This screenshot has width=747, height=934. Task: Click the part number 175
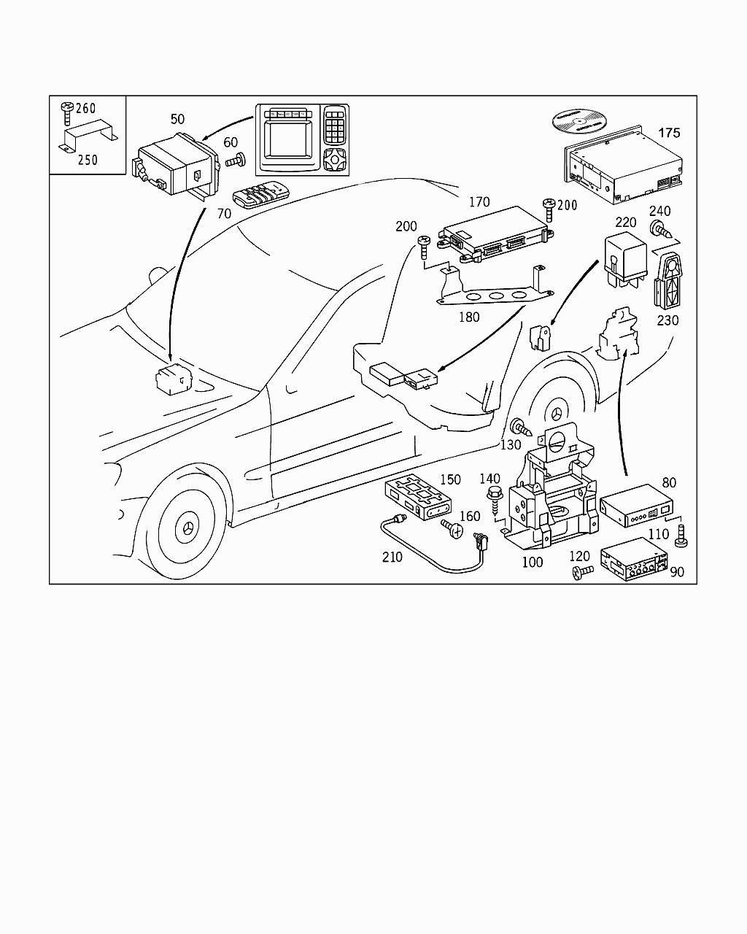(x=669, y=133)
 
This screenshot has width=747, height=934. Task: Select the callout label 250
(x=87, y=160)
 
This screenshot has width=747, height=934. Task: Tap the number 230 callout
(x=667, y=320)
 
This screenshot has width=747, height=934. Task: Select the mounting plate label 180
(x=469, y=317)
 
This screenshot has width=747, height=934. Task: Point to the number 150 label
(x=450, y=479)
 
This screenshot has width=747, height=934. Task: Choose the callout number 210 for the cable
(x=392, y=557)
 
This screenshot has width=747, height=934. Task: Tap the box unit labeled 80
(x=635, y=505)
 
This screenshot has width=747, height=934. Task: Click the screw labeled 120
(x=581, y=574)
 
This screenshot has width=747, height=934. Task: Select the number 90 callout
(x=677, y=572)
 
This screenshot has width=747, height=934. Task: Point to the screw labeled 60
(x=236, y=161)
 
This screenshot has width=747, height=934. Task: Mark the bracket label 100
(x=533, y=563)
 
